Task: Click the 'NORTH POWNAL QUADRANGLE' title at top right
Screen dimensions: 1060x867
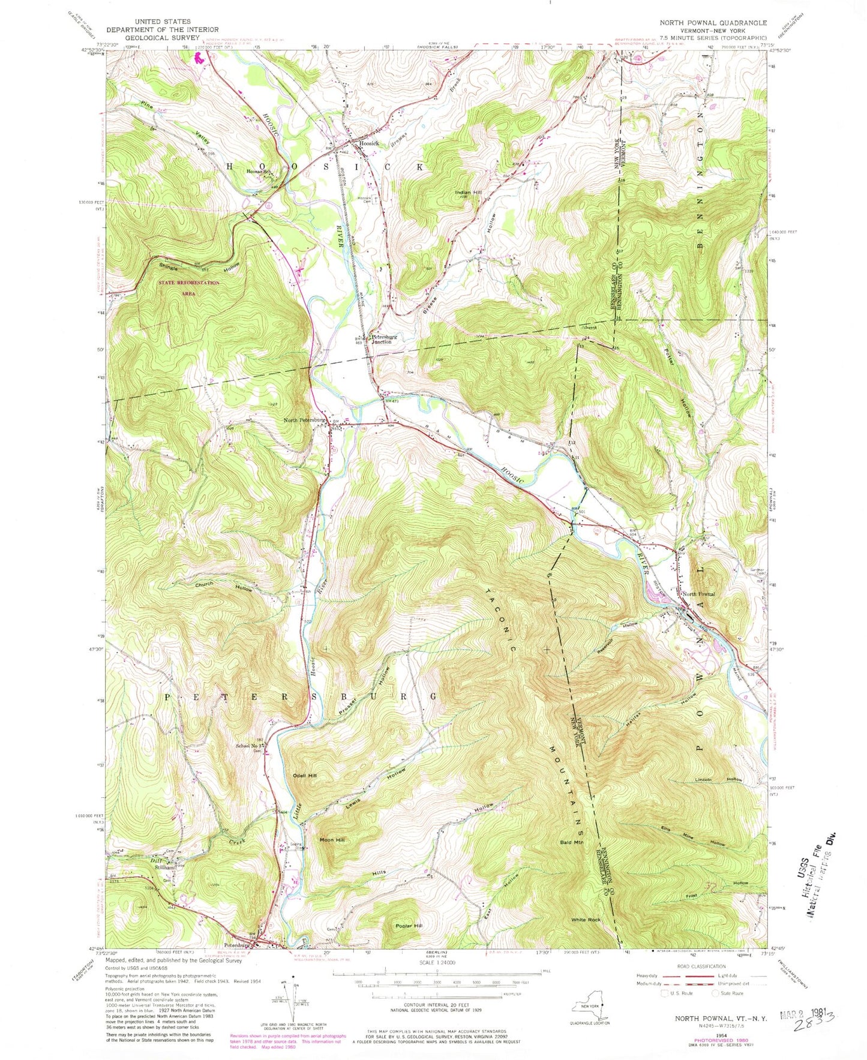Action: [713, 23]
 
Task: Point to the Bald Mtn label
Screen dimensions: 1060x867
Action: [571, 842]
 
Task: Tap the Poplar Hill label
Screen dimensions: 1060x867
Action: [409, 926]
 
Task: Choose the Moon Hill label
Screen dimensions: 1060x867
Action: [332, 840]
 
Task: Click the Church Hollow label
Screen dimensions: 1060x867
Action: [223, 585]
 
